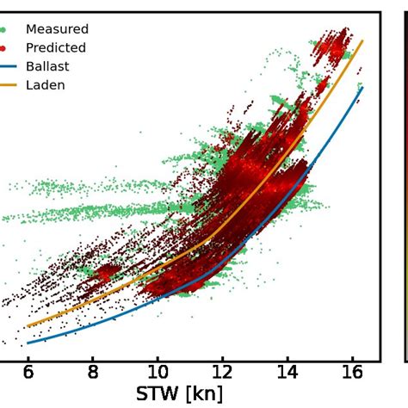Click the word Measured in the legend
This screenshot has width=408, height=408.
[x=57, y=29]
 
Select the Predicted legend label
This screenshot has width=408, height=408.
[x=56, y=48]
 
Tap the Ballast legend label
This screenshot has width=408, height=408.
[x=48, y=66]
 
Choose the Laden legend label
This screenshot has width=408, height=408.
[x=46, y=85]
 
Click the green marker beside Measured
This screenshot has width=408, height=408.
[x=3, y=29]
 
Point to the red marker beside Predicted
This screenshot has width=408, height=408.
[x=3, y=48]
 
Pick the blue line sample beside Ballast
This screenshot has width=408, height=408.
[x=7, y=66]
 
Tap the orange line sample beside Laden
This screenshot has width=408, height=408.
[x=7, y=85]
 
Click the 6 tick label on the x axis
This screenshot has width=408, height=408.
[x=28, y=373]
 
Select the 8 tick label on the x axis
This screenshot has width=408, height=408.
[x=93, y=373]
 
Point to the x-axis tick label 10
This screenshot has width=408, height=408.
[x=158, y=373]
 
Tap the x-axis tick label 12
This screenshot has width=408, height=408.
[x=222, y=373]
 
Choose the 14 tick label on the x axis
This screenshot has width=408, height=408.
[x=287, y=373]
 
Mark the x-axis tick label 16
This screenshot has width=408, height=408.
[x=351, y=373]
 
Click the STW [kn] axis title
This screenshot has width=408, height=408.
[x=178, y=394]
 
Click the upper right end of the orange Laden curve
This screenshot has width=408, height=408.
[x=362, y=41]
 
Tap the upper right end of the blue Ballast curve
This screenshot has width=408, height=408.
[x=362, y=87]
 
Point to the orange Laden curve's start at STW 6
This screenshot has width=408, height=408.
[x=28, y=326]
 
